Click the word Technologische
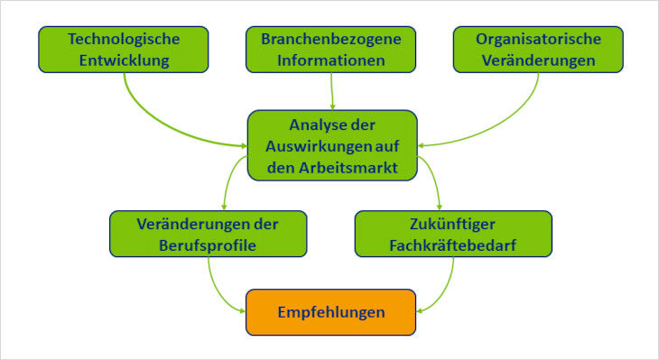pyautogui.click(x=125, y=40)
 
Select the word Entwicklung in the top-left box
pyautogui.click(x=125, y=61)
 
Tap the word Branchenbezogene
pyautogui.click(x=332, y=40)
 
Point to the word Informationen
pyautogui.click(x=332, y=61)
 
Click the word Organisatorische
pyautogui.click(x=539, y=40)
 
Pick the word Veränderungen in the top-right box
pyautogui.click(x=539, y=61)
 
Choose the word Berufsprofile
pyautogui.click(x=209, y=244)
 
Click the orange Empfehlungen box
pyautogui.click(x=331, y=312)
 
